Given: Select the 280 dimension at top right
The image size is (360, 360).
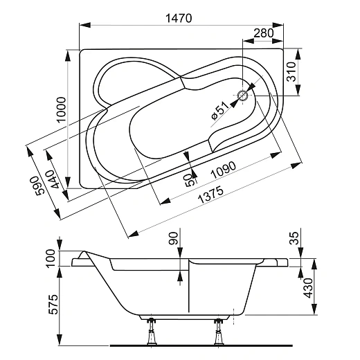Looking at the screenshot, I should [x=263, y=33].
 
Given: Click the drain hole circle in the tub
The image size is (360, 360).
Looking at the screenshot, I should [x=244, y=97].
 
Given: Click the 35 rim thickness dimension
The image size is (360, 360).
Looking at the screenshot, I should [x=294, y=239].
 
